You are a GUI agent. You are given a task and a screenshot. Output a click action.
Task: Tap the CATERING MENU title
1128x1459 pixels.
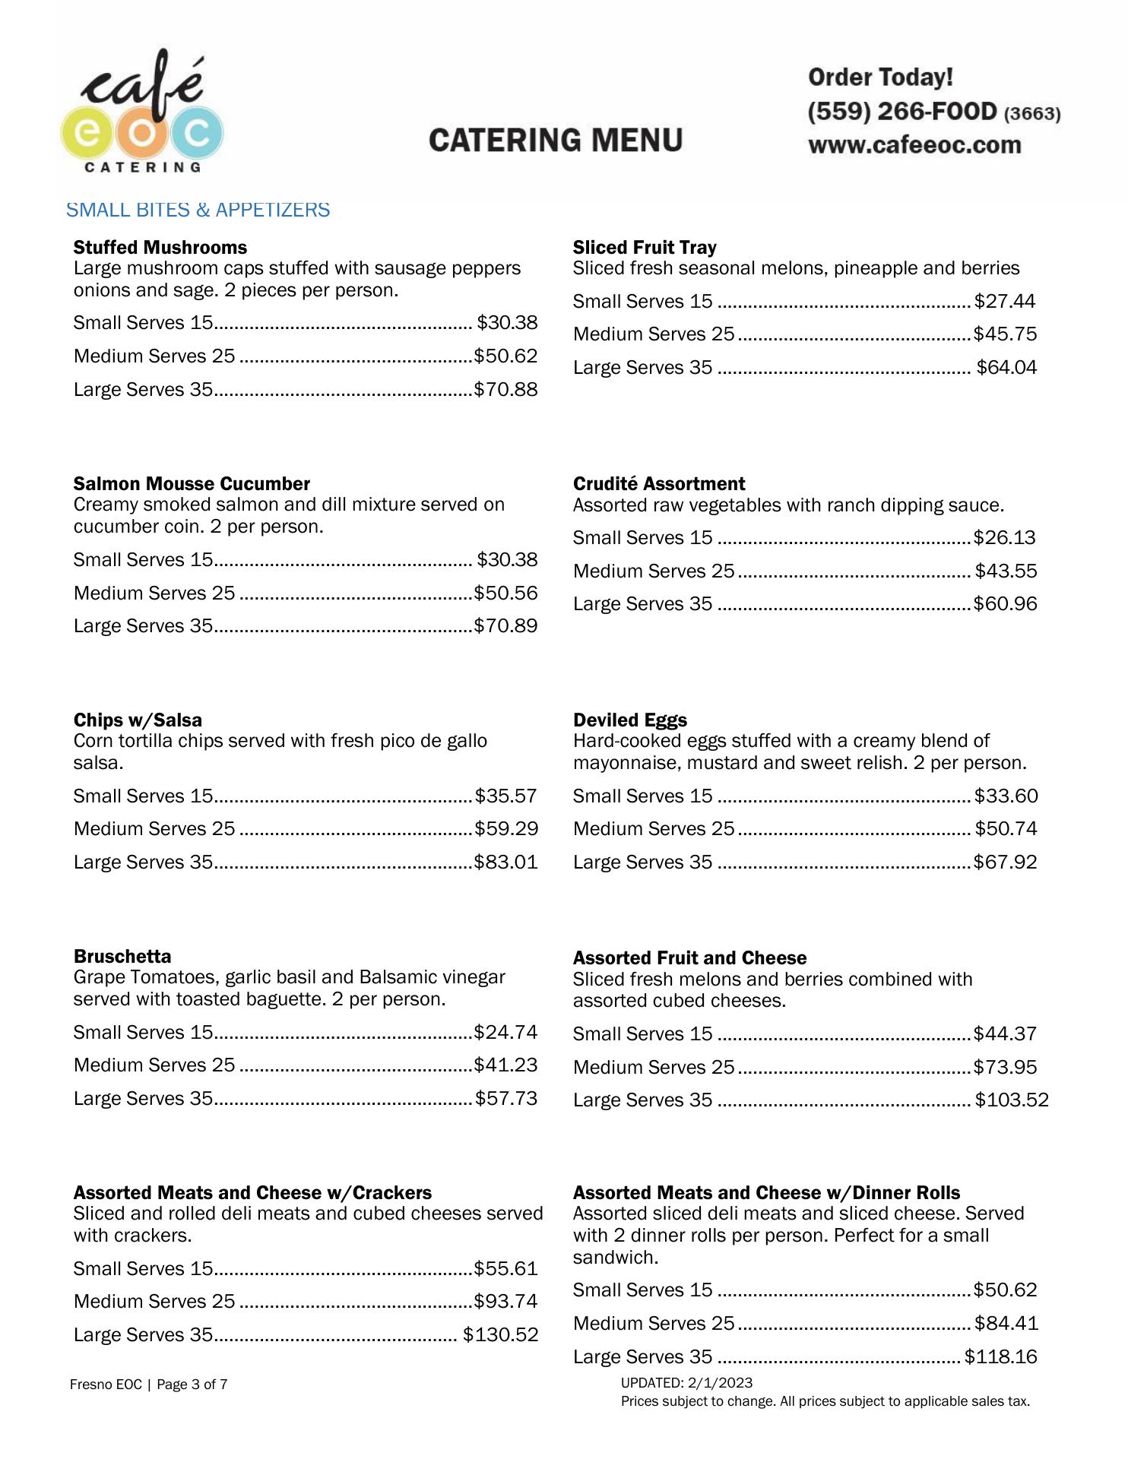[556, 141]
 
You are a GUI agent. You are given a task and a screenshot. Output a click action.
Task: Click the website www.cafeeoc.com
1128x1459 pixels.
[914, 145]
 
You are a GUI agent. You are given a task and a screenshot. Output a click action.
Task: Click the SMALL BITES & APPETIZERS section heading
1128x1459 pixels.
[198, 210]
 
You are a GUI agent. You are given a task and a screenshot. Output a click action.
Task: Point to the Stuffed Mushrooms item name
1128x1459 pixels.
[160, 248]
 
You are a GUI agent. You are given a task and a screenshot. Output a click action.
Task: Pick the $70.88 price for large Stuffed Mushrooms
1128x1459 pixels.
[505, 390]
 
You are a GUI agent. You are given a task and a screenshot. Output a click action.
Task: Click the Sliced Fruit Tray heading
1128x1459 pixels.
[644, 248]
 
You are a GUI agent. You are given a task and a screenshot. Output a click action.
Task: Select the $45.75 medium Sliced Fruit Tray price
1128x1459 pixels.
[1005, 334]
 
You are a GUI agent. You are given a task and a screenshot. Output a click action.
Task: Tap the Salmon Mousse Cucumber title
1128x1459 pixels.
[192, 484]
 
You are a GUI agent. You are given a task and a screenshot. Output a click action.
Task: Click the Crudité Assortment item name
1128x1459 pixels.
[658, 484]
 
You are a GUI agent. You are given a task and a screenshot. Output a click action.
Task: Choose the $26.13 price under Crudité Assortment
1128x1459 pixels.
[1004, 538]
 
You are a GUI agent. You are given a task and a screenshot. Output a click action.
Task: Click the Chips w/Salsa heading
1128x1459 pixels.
[138, 720]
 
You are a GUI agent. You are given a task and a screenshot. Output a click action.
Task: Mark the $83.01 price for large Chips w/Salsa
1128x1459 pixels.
[505, 862]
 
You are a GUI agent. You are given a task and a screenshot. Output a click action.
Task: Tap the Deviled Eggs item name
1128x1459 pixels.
[629, 720]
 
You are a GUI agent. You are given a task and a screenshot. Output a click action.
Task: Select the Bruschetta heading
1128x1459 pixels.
[122, 957]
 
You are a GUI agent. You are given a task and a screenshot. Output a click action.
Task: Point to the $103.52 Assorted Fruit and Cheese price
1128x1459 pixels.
[1012, 1100]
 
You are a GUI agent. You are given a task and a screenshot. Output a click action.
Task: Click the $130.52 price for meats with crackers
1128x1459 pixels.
[500, 1335]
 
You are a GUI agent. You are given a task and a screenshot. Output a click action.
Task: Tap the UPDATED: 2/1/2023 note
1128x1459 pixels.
[686, 1383]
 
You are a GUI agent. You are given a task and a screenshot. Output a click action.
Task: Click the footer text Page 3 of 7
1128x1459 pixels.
[192, 1385]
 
